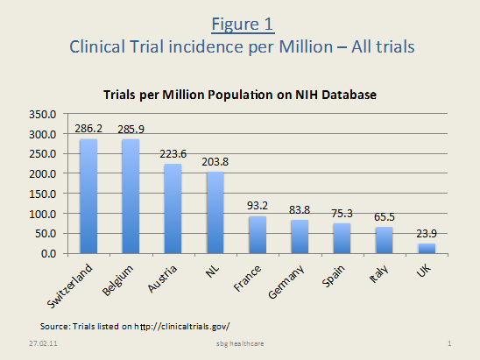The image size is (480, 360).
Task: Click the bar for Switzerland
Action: coord(88,196)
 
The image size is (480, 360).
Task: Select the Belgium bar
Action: coord(131,196)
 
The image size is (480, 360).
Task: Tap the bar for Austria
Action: coord(173,208)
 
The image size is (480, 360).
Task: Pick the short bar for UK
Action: coord(427,248)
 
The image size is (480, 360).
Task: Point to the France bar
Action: coord(258,235)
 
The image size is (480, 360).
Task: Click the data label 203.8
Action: coord(215,162)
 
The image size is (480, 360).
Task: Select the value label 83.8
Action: coord(300,210)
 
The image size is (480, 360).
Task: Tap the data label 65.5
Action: coord(385,217)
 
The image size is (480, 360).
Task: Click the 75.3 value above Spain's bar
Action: coord(342,214)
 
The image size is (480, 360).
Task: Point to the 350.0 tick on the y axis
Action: coord(43,115)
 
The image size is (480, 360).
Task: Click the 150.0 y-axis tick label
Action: coord(43,194)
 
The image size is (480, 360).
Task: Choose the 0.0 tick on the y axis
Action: coord(49,254)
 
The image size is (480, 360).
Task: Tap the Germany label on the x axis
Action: coord(286,282)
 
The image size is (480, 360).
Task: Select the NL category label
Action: coord(212,271)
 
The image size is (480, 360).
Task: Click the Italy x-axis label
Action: coord(378,273)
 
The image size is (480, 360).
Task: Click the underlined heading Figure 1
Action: coord(243,25)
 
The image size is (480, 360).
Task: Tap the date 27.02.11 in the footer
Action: coord(43,343)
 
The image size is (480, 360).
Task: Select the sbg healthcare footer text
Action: coord(240,343)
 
